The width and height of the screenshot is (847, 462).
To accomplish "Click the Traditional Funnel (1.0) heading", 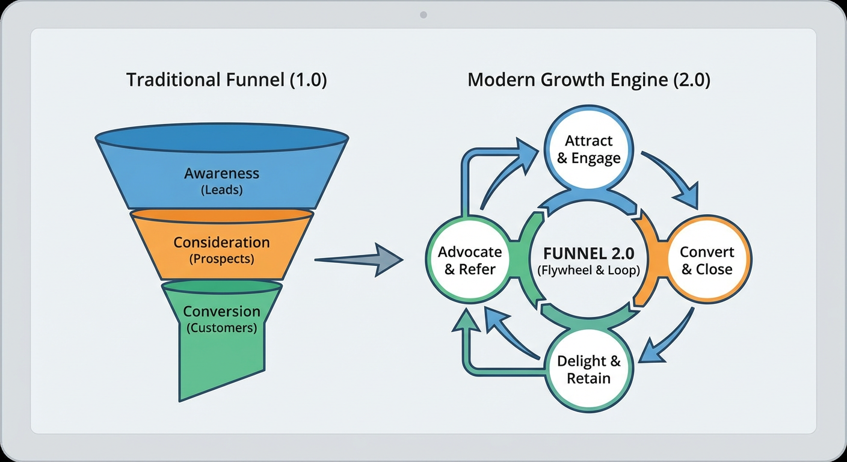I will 226,80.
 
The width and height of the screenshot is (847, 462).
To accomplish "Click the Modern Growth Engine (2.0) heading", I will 588,80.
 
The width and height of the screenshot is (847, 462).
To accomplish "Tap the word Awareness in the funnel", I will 221,173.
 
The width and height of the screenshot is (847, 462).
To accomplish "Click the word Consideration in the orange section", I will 221,242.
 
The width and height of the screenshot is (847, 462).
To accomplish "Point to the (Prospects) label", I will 221,259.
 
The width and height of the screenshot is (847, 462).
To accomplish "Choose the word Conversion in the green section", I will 221,312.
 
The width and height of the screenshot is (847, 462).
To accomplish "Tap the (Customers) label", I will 221,328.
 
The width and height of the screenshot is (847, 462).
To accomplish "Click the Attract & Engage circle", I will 588,149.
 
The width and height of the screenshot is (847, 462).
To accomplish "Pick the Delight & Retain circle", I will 588,369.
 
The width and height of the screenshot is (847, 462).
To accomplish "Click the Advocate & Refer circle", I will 470,260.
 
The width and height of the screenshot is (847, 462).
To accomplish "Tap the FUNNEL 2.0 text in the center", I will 588,253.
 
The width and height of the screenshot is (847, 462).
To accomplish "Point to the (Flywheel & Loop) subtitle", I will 588,270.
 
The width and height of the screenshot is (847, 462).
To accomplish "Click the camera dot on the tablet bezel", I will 423,15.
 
